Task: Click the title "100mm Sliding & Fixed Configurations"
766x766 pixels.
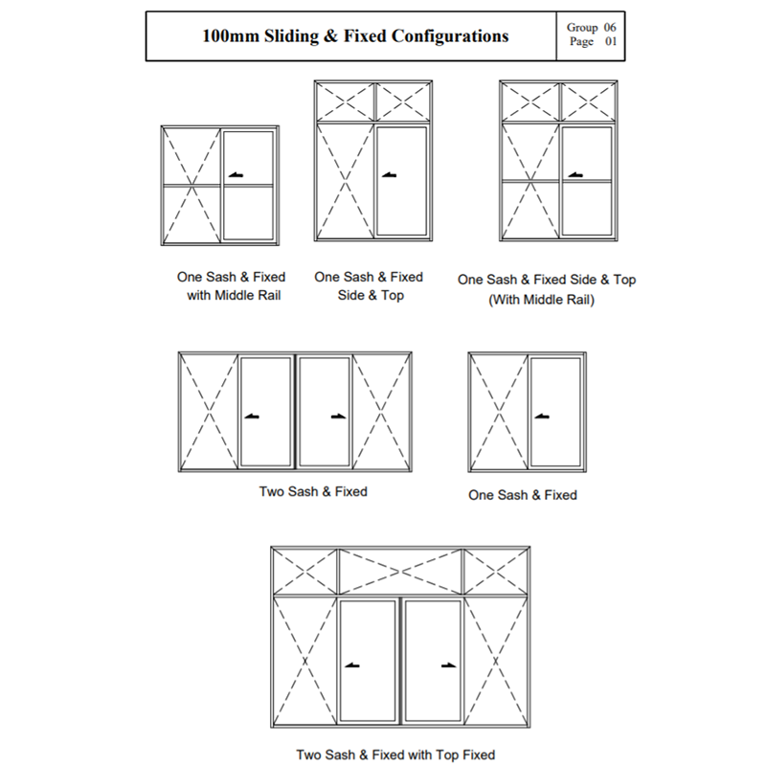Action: click(355, 36)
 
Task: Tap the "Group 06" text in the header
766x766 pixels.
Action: click(592, 28)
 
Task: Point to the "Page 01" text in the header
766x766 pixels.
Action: click(592, 42)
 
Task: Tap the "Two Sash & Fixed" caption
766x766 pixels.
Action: click(313, 491)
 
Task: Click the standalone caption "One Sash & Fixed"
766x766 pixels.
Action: click(523, 495)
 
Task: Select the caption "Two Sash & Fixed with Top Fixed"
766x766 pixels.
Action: click(395, 755)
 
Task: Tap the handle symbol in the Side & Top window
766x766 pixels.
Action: click(389, 175)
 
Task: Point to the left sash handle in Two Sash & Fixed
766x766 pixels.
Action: click(252, 416)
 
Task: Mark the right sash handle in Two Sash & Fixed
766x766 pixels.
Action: click(338, 416)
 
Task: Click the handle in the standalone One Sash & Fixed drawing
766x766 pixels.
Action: click(543, 417)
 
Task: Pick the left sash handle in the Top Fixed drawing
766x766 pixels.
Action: click(353, 665)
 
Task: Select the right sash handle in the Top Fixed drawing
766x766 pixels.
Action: click(447, 665)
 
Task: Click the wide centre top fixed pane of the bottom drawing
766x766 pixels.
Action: click(400, 572)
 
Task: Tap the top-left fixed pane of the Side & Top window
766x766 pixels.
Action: click(344, 100)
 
